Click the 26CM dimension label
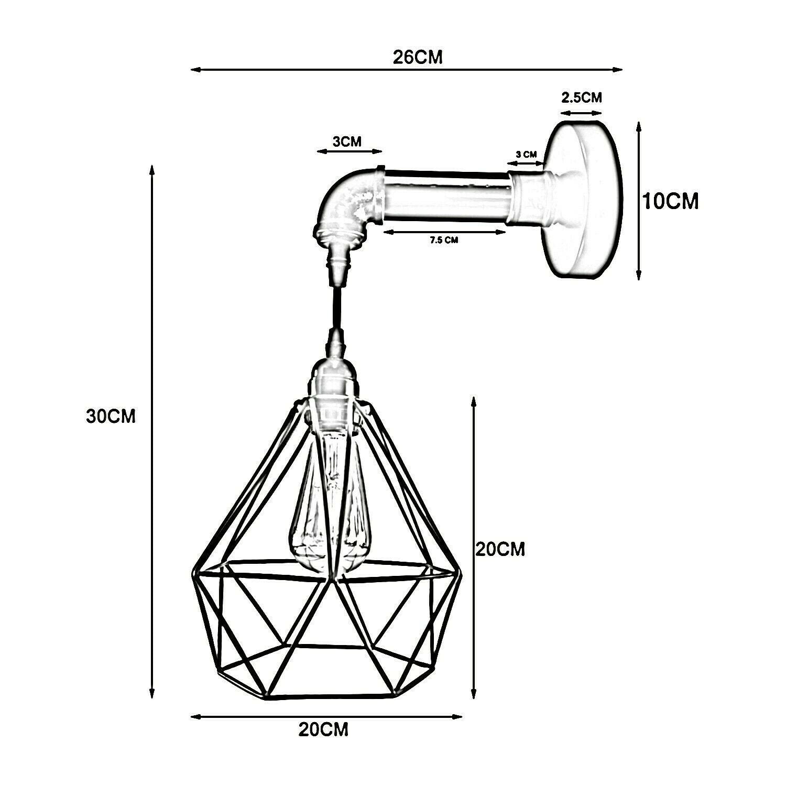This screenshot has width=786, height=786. pos(418,57)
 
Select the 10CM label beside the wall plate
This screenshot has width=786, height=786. pos(671,201)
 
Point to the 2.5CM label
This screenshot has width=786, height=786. pos(582,97)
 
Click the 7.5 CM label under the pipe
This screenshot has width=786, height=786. pos(444,241)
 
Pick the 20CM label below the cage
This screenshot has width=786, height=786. pos(323,729)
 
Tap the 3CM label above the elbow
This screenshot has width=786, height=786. pos(347,142)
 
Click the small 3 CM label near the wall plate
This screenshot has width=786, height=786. pos(526,154)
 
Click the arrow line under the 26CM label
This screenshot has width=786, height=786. pos(406,69)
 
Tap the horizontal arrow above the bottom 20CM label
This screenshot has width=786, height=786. pos(326,716)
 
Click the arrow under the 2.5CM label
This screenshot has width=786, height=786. pos(581,112)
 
